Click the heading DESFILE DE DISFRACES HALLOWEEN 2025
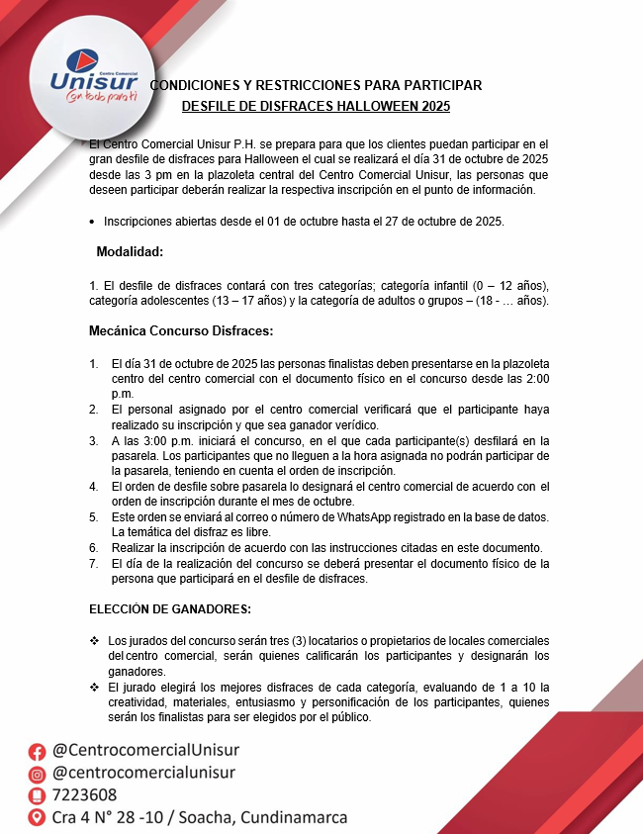(x=316, y=105)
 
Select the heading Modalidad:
(x=130, y=252)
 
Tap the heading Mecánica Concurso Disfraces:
(x=181, y=329)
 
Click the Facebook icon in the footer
(x=38, y=751)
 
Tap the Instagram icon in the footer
(x=38, y=773)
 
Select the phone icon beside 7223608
(x=38, y=795)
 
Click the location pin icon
(x=38, y=818)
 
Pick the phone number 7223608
(x=85, y=795)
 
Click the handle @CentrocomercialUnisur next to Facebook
(x=145, y=750)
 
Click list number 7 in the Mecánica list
(x=93, y=564)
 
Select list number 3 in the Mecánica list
(x=93, y=440)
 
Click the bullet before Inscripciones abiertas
(x=92, y=223)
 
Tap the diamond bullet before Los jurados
(x=94, y=640)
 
